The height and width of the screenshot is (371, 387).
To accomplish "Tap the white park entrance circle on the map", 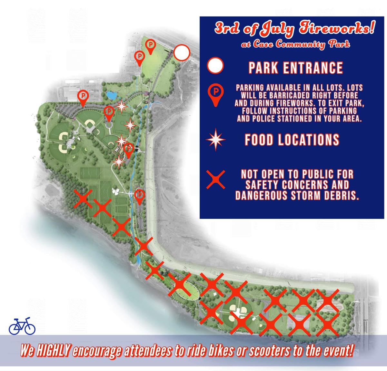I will click(182, 53).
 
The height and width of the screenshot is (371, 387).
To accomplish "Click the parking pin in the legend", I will click(215, 95).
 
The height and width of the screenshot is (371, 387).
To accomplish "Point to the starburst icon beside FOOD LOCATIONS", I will click(215, 140).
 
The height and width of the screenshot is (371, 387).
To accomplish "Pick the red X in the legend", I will click(215, 180).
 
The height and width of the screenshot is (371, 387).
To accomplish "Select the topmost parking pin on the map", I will click(150, 46).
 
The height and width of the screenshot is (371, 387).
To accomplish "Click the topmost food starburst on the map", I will click(121, 106).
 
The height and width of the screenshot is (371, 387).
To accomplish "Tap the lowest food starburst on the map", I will click(119, 161).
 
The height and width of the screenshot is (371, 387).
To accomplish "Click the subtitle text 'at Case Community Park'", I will click(295, 44).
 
